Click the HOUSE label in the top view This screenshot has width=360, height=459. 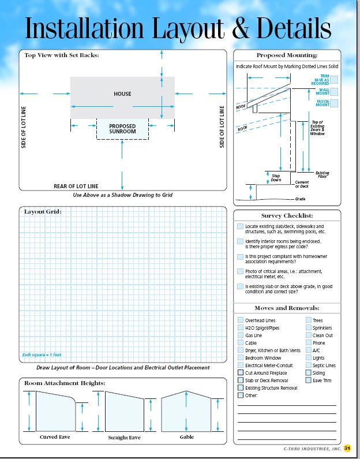[122, 94]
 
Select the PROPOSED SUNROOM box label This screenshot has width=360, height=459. [122, 129]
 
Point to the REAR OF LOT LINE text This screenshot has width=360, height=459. [76, 186]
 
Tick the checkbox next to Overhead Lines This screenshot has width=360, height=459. [240, 320]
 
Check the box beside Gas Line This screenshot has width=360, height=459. [240, 335]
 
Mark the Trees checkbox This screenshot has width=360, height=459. [308, 320]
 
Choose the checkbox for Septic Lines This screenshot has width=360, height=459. [308, 365]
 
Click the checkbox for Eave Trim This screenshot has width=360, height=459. [308, 380]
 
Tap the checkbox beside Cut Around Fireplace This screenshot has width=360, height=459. [240, 373]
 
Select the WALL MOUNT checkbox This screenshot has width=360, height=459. [334, 91]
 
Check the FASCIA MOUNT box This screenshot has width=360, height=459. [334, 103]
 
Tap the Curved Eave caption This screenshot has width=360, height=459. [55, 437]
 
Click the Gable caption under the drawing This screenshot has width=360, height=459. [187, 437]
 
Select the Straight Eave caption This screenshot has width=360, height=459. [124, 438]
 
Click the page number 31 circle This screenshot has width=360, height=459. [347, 448]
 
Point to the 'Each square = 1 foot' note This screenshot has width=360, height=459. [42, 354]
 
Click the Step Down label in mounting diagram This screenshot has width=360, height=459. [276, 177]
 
